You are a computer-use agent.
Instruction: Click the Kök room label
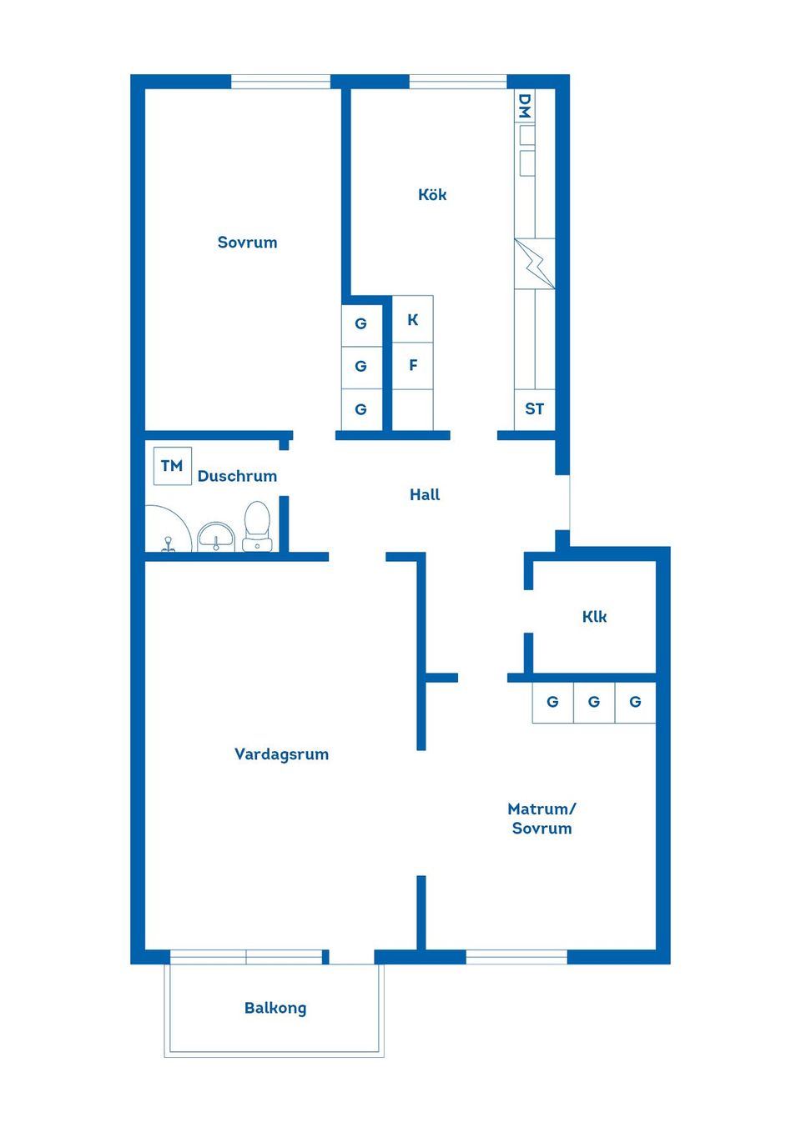pyautogui.click(x=432, y=194)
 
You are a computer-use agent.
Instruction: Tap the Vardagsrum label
pyautogui.click(x=281, y=754)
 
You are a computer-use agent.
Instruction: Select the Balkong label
pyautogui.click(x=275, y=1008)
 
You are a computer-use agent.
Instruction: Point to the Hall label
pyautogui.click(x=425, y=494)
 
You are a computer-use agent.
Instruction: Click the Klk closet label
pyautogui.click(x=594, y=617)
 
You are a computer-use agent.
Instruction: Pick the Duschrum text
pyautogui.click(x=237, y=476)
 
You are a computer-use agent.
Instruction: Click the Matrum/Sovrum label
pyautogui.click(x=542, y=819)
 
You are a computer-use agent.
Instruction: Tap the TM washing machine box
pyautogui.click(x=173, y=466)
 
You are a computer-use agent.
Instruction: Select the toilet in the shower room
pyautogui.click(x=257, y=526)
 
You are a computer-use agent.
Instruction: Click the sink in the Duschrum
pyautogui.click(x=216, y=537)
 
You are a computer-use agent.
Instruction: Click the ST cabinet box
pyautogui.click(x=535, y=409)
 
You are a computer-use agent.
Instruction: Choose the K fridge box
pyautogui.click(x=413, y=319)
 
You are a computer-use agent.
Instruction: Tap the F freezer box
pyautogui.click(x=413, y=366)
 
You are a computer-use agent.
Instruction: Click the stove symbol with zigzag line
pyautogui.click(x=535, y=263)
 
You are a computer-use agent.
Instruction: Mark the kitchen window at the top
pyautogui.click(x=457, y=82)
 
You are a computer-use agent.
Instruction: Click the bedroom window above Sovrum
pyautogui.click(x=280, y=82)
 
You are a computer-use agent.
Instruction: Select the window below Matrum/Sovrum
pyautogui.click(x=516, y=957)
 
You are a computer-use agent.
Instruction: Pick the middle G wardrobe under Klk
pyautogui.click(x=594, y=702)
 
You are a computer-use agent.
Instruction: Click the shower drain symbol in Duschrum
pyautogui.click(x=168, y=543)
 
